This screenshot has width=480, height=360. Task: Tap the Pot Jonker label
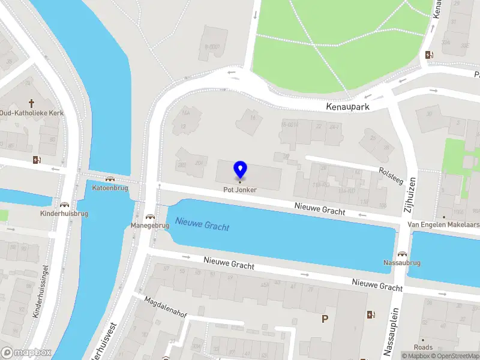click(240, 190)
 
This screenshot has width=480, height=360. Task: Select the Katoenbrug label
click(110, 188)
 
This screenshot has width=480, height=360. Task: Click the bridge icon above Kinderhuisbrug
click(64, 205)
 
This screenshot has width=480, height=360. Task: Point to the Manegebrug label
click(150, 226)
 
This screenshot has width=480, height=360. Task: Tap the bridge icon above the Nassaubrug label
click(402, 254)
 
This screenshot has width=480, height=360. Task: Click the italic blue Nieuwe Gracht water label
click(202, 225)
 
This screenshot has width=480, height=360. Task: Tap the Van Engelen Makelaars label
click(443, 224)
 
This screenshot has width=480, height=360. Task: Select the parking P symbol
click(325, 319)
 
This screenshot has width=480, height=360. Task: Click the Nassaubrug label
click(402, 263)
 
